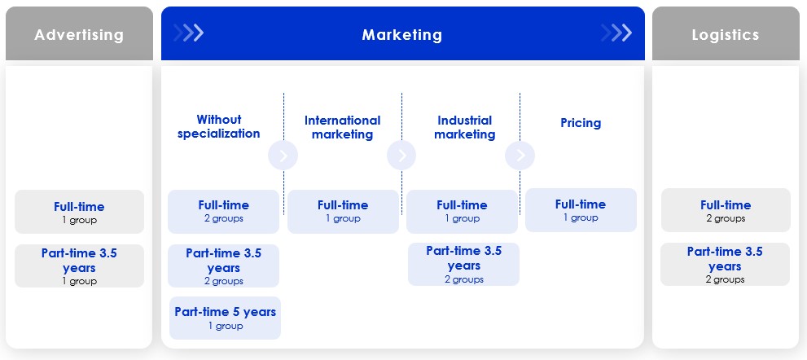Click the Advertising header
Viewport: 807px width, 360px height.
[79, 34]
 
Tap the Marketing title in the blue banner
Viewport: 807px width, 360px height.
[402, 34]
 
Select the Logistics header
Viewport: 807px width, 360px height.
[726, 34]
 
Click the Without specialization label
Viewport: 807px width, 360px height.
[219, 127]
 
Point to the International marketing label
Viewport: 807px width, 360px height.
[342, 127]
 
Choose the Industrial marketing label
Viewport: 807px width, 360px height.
[465, 127]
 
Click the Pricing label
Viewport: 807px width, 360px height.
[581, 123]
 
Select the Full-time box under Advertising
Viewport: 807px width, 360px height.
[79, 212]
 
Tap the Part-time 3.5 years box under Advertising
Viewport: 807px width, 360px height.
[79, 266]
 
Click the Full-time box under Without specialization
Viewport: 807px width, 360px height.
[223, 212]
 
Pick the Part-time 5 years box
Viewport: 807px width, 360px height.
[225, 318]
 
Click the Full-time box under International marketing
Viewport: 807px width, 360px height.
[343, 212]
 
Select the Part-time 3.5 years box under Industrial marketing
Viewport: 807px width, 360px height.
[463, 264]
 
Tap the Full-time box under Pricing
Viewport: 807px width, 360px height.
[581, 210]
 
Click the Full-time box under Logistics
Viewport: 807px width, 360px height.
[726, 210]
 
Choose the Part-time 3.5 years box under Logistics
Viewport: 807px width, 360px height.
[726, 264]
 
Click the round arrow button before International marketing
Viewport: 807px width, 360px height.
[283, 155]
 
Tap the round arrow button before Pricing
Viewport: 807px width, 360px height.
[520, 155]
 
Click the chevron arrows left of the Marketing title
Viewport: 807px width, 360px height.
[189, 33]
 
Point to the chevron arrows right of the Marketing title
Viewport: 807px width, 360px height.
[616, 33]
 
